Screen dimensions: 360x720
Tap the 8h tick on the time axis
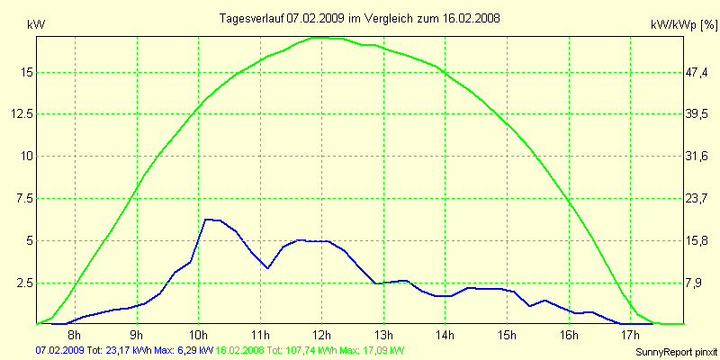point(76,336)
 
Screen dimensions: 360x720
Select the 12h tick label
point(322,336)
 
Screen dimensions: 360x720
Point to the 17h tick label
point(630,336)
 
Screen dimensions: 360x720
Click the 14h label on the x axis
point(445,336)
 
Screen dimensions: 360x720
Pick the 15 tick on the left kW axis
point(25,72)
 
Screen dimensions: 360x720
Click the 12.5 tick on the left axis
point(22,113)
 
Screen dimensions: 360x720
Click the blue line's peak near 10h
point(207,219)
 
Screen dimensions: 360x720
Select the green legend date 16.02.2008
point(244,350)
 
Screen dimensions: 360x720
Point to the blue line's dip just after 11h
point(267,268)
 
